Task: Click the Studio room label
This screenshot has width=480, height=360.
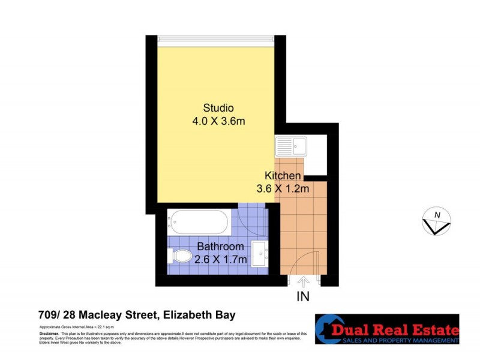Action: [218, 109]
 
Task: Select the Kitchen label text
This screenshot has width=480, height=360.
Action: [282, 176]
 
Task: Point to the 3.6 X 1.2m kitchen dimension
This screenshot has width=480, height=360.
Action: [282, 189]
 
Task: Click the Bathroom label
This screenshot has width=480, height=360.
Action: [221, 247]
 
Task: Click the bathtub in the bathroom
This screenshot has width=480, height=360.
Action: [197, 221]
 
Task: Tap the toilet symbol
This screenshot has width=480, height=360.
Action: [181, 257]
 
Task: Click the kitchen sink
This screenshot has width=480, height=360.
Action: [290, 146]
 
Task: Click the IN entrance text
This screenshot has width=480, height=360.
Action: [304, 296]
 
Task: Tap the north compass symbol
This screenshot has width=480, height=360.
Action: [436, 220]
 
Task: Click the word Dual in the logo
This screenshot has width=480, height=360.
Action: [364, 329]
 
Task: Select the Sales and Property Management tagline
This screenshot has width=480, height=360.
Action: [400, 340]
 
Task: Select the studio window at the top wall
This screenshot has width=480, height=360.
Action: [216, 38]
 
